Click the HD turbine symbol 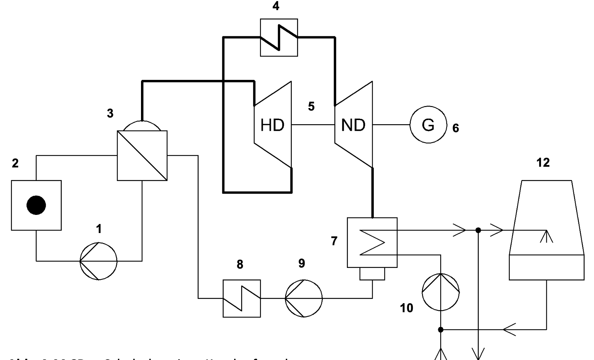[x=273, y=125]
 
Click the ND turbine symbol [x=354, y=125]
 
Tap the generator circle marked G [x=428, y=125]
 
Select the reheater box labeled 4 [x=279, y=38]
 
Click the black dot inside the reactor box [x=36, y=205]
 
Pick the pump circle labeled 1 [x=98, y=261]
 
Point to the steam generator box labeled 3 [x=142, y=155]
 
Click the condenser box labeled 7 [x=372, y=242]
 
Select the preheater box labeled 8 [x=242, y=298]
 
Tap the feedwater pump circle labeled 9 [x=304, y=298]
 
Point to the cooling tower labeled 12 [x=547, y=230]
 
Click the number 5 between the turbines [x=311, y=106]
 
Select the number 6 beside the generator [x=455, y=128]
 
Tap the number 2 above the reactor [x=15, y=163]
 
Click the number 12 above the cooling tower [x=543, y=163]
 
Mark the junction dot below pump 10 [x=441, y=329]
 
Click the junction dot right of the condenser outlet [x=478, y=230]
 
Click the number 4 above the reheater [x=276, y=6]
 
